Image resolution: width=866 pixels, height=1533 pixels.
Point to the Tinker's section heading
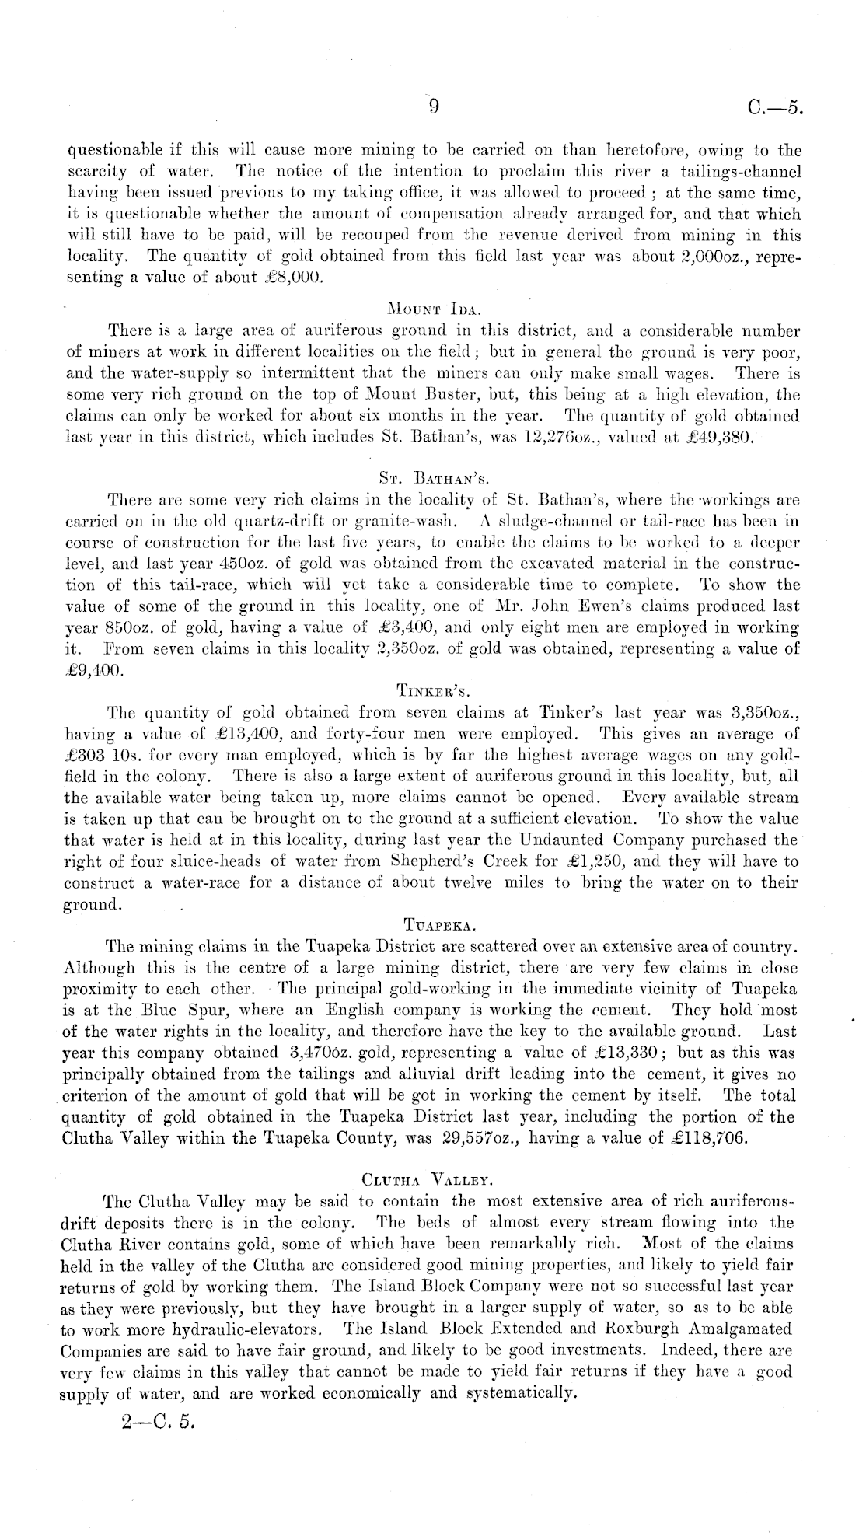(432, 689)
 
